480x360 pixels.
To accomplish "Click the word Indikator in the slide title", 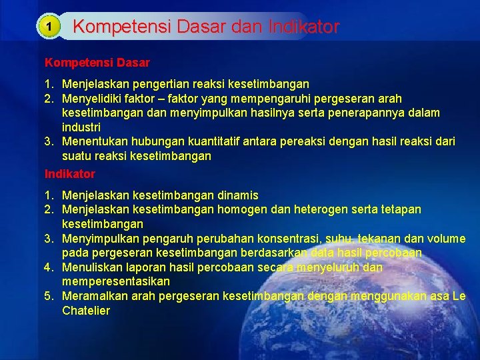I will coord(304,27).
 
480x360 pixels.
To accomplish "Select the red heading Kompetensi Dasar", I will coord(97,63).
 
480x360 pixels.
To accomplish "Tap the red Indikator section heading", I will coord(70,174).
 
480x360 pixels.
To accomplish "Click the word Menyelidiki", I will coord(93,99).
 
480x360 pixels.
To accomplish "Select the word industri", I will coord(81,127).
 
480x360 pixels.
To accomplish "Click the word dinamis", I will coord(238,195).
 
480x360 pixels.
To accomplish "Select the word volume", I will coord(447,239).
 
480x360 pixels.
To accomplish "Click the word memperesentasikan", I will coord(116,281).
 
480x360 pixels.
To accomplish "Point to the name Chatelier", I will coord(86,311).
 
